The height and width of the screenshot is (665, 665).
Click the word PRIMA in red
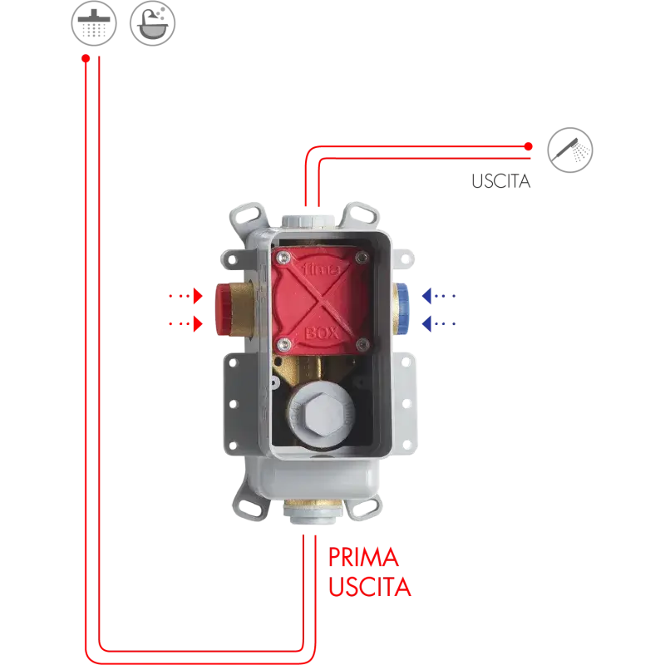tap(363, 557)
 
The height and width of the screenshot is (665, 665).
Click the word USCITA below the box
tap(369, 588)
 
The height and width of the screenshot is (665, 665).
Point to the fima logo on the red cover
tap(301, 270)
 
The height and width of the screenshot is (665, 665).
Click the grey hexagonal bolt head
tap(318, 411)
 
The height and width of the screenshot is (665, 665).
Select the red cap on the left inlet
tap(222, 307)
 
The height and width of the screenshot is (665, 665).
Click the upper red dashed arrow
tap(185, 295)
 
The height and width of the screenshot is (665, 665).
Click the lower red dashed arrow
tap(185, 323)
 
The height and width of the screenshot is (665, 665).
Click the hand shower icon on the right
tap(570, 150)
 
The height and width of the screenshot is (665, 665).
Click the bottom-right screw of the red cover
tap(361, 344)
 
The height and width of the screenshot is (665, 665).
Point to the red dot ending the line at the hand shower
tap(529, 147)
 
